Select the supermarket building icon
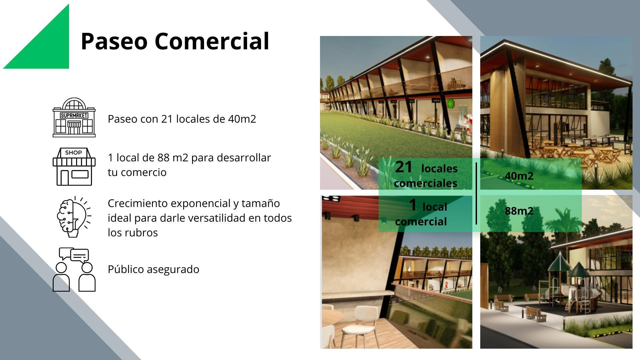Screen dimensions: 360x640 pyautogui.click(x=74, y=117)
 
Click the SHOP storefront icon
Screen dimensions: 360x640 pyautogui.click(x=74, y=167)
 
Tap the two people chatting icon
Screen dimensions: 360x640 pyautogui.click(x=74, y=269)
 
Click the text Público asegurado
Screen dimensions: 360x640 pyautogui.click(x=153, y=269)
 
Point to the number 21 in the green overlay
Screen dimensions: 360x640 pyautogui.click(x=404, y=167)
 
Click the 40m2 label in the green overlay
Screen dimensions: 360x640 pyautogui.click(x=519, y=176)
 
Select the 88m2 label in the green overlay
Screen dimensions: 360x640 pyautogui.click(x=519, y=211)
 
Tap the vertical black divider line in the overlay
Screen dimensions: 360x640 pyautogui.click(x=476, y=193)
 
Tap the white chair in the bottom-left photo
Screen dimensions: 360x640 pyautogui.click(x=362, y=320)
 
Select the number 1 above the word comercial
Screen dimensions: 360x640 pyautogui.click(x=413, y=205)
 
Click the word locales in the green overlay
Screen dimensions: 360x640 pyautogui.click(x=439, y=169)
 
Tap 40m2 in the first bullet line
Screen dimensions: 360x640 pyautogui.click(x=242, y=119)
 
